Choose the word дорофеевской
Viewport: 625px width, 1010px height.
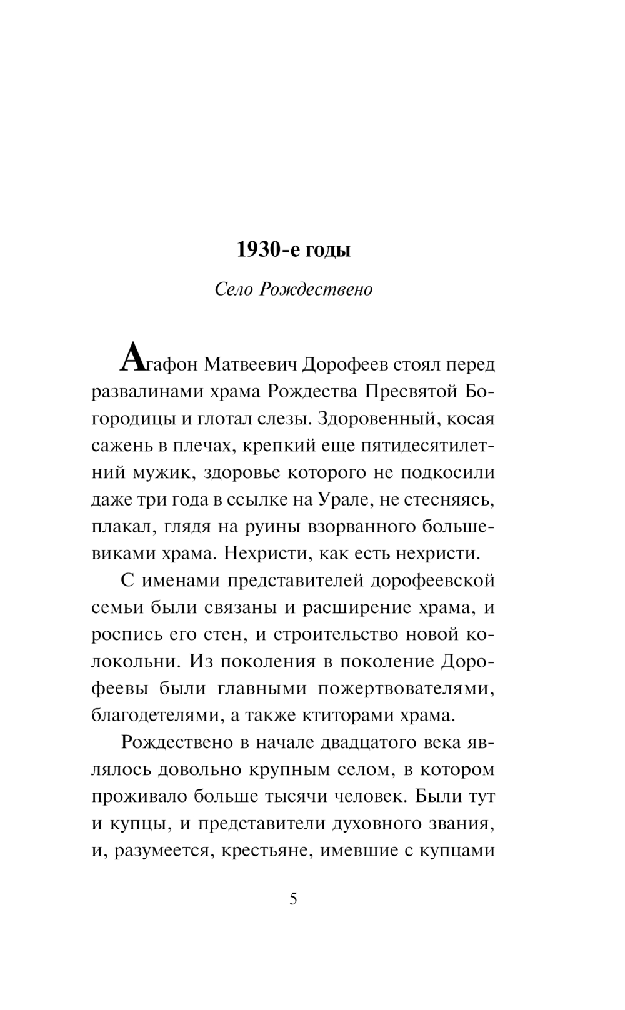432,581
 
